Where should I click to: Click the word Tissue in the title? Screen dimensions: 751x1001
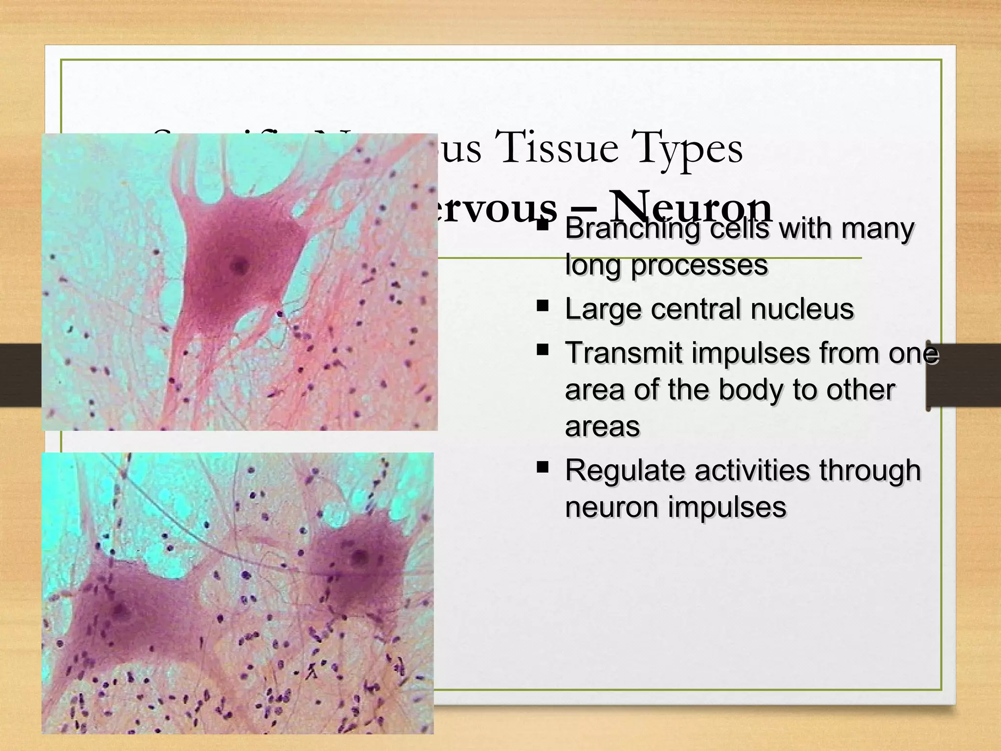(x=556, y=148)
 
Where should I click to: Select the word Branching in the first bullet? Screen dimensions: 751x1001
(x=632, y=229)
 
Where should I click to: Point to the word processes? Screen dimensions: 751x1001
(x=699, y=265)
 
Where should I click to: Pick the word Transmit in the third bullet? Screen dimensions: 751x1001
(x=623, y=353)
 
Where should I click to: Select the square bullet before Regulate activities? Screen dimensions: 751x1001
(x=542, y=467)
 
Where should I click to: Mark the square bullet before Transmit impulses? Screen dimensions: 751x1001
(x=542, y=350)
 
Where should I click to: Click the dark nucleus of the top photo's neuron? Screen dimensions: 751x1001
(x=239, y=266)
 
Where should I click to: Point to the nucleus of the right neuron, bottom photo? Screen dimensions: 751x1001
(x=361, y=556)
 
